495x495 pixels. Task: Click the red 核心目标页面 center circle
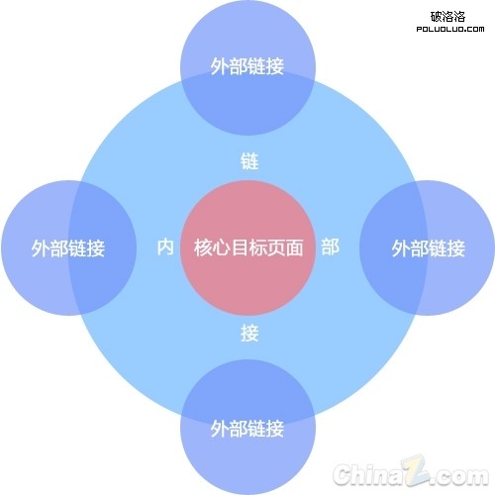tap(247, 247)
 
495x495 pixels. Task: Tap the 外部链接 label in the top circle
tap(247, 66)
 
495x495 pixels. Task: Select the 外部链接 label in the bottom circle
tap(247, 429)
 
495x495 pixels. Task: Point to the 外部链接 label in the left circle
tap(68, 248)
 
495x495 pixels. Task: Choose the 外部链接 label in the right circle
tap(429, 248)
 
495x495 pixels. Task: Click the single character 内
tap(165, 247)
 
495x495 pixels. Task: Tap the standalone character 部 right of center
tap(330, 247)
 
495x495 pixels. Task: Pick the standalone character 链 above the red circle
tap(249, 161)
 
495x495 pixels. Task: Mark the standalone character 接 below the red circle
tap(249, 333)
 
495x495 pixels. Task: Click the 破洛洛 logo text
tap(447, 16)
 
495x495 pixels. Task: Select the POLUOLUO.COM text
tap(450, 29)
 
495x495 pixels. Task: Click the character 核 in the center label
tap(203, 247)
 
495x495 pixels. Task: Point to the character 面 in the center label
tap(294, 247)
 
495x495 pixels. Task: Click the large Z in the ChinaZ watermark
tap(415, 470)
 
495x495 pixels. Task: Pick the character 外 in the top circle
tap(220, 66)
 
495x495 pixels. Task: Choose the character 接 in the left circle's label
tap(96, 248)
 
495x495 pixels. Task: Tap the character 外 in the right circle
tap(401, 248)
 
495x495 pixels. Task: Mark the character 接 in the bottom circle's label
tap(275, 429)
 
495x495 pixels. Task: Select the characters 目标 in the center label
tap(248, 247)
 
